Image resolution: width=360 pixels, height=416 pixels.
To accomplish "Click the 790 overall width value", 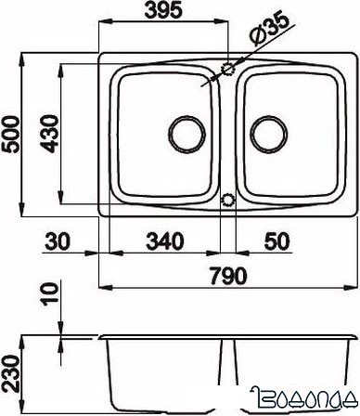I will (229, 276).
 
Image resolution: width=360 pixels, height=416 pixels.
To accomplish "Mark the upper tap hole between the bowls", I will (227, 69).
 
